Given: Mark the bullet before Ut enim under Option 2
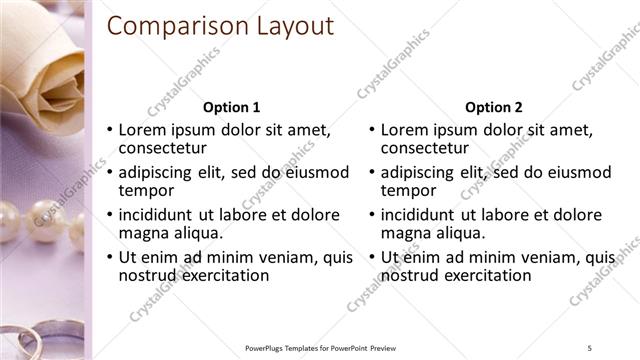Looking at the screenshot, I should pyautogui.click(x=372, y=258).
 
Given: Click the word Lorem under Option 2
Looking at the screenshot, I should pyautogui.click(x=404, y=130).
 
